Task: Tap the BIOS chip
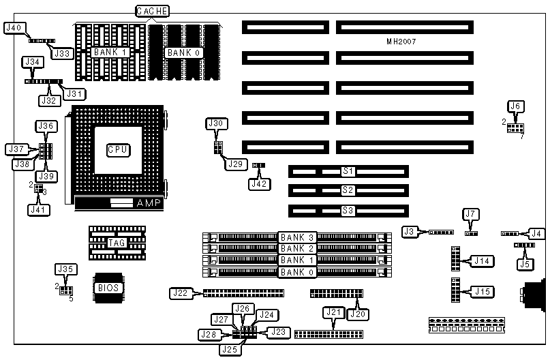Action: [108, 287]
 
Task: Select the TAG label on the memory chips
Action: [117, 243]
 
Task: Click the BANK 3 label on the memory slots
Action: [298, 237]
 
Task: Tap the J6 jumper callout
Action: [516, 106]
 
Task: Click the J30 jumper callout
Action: [216, 123]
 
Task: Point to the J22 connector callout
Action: [180, 293]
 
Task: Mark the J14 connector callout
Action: [482, 260]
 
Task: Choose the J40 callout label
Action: [15, 28]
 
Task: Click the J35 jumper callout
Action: [65, 269]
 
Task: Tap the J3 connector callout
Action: [410, 232]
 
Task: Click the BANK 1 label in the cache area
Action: [110, 52]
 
